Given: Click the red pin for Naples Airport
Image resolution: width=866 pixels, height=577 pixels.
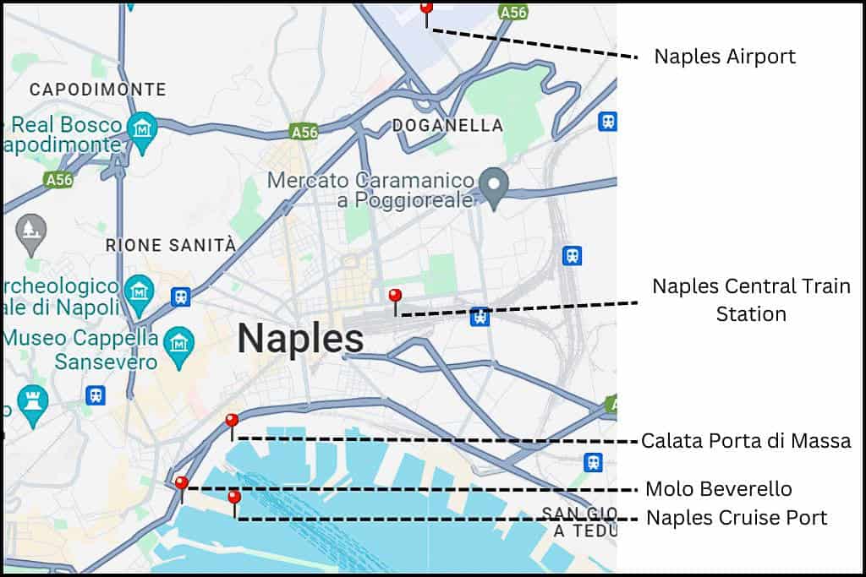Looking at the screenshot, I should (x=426, y=8).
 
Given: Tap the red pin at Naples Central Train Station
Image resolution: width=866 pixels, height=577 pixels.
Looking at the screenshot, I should (x=395, y=296).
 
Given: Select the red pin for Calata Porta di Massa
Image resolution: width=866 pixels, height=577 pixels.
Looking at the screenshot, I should (x=232, y=421).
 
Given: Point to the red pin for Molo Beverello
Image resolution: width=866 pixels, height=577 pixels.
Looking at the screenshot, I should (x=181, y=483).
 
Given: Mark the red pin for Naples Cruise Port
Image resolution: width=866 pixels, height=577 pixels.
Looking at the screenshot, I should (x=234, y=497).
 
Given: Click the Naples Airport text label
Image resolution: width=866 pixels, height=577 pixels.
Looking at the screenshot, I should (x=725, y=57).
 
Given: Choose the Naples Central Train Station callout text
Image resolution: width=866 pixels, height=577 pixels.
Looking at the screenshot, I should (x=751, y=300).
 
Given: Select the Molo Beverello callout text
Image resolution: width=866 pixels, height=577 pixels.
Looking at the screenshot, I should (x=718, y=488).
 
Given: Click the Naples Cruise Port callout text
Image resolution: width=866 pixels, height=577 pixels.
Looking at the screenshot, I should (x=737, y=517).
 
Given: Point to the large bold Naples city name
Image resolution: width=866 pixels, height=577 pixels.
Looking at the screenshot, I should (x=300, y=339).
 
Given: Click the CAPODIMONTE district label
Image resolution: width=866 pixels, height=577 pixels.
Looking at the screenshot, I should (x=97, y=90).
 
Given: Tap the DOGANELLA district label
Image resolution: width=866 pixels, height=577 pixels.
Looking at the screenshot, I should (x=447, y=126).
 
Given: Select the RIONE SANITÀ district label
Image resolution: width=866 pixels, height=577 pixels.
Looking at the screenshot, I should (x=171, y=245).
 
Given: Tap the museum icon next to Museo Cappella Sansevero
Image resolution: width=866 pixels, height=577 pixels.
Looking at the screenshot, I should (x=179, y=343).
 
